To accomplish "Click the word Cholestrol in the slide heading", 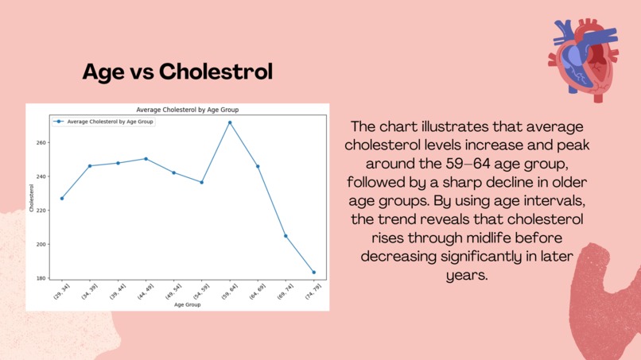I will tap(216, 72).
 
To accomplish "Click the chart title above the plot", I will tap(188, 110).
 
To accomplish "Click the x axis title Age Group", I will tap(188, 304).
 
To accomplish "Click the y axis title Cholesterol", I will tap(33, 199).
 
